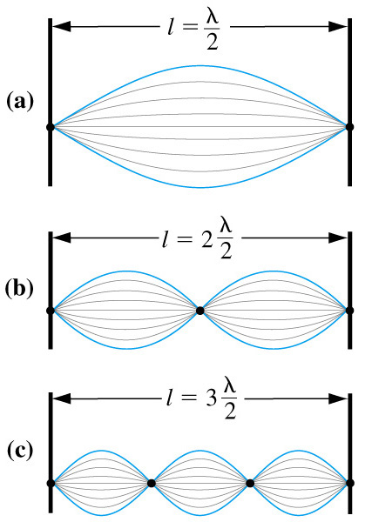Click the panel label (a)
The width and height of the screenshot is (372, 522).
[x=20, y=102]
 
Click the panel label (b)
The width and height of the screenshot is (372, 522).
[x=19, y=288]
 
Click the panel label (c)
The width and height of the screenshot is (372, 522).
[x=20, y=452]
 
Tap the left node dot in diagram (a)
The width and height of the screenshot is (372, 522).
[x=51, y=127]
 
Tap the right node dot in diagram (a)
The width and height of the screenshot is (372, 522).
[x=349, y=127]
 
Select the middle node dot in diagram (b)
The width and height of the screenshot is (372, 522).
[x=200, y=311]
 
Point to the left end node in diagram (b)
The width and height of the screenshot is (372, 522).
[x=51, y=311]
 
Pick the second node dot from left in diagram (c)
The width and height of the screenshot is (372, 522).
[x=151, y=483]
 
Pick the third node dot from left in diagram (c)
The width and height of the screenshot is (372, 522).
[x=250, y=483]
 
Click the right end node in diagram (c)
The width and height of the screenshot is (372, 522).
[x=350, y=483]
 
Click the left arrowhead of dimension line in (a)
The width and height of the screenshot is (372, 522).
[x=62, y=27]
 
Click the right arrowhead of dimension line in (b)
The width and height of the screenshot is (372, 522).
[x=338, y=238]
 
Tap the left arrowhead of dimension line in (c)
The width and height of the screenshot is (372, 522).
[x=62, y=398]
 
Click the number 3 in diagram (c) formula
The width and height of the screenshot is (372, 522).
[x=211, y=398]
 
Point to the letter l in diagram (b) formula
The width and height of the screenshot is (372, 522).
[x=165, y=238]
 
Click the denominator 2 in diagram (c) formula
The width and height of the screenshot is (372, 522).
[x=229, y=412]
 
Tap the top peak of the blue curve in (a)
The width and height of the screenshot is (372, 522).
[x=200, y=65]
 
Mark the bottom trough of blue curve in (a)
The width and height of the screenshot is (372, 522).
[x=200, y=188]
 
